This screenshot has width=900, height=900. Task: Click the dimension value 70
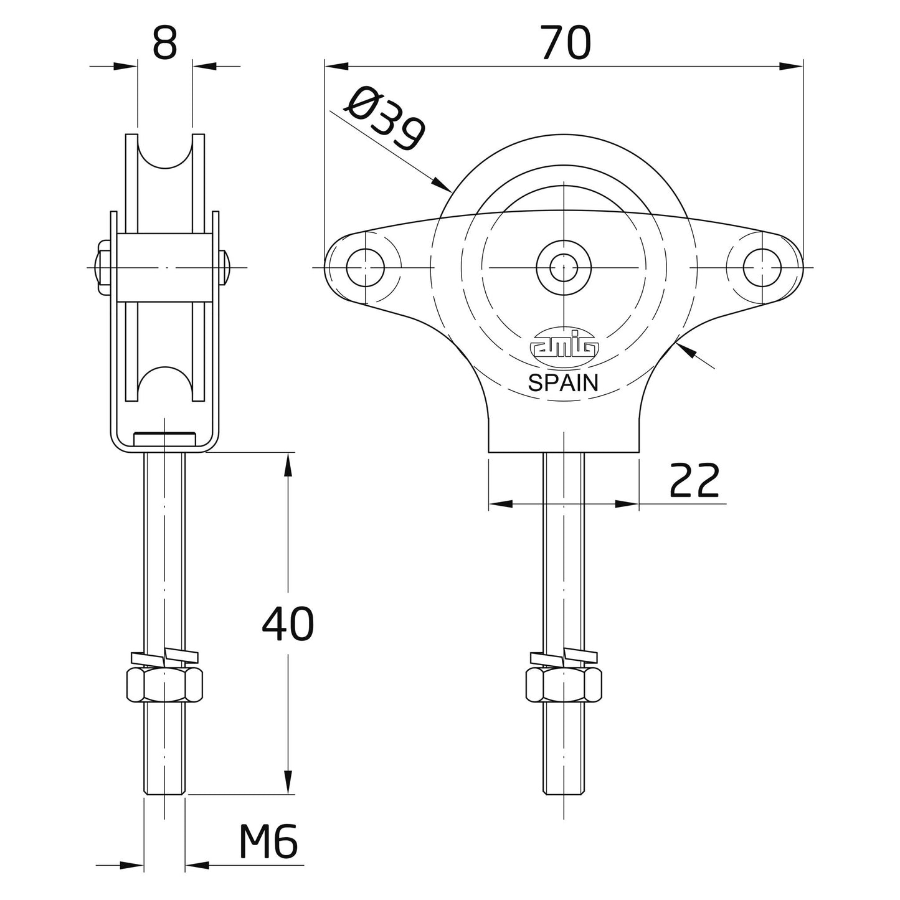tap(565, 44)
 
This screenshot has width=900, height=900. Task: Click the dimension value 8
tap(164, 44)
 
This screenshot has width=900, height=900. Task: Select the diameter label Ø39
tap(386, 120)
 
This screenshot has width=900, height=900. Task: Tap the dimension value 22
tap(694, 481)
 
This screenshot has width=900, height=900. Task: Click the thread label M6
tap(268, 844)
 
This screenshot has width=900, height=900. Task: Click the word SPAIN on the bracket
tap(563, 383)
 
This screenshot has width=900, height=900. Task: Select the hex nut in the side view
tap(164, 684)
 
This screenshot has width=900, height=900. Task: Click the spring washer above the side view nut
tap(164, 657)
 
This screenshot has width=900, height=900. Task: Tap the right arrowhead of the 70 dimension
tap(791, 66)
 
